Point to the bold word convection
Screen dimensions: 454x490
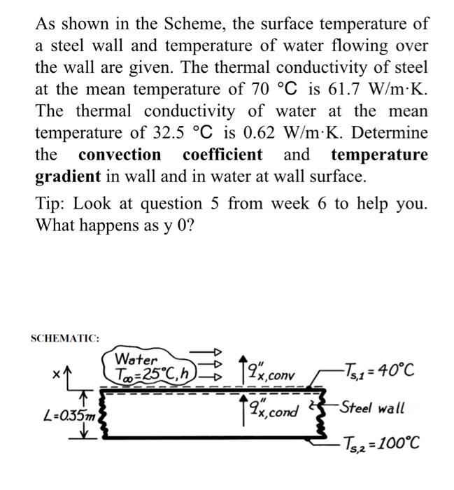tap(120, 155)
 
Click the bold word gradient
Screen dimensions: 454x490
tap(67, 176)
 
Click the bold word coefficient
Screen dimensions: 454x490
tap(222, 155)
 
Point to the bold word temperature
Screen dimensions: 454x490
tap(379, 155)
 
